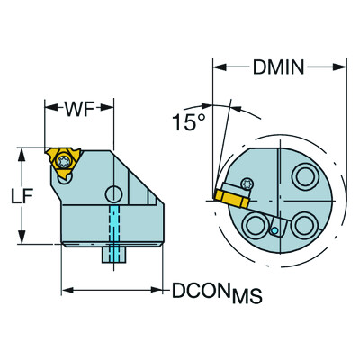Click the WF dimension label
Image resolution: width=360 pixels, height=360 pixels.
[79, 110]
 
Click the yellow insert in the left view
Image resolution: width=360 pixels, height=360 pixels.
[64, 163]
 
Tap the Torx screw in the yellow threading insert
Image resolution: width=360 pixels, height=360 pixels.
[66, 162]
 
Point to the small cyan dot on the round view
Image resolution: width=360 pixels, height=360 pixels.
[274, 230]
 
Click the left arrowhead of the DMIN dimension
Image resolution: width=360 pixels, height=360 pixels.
[217, 66]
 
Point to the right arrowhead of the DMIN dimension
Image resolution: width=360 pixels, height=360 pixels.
[344, 66]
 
